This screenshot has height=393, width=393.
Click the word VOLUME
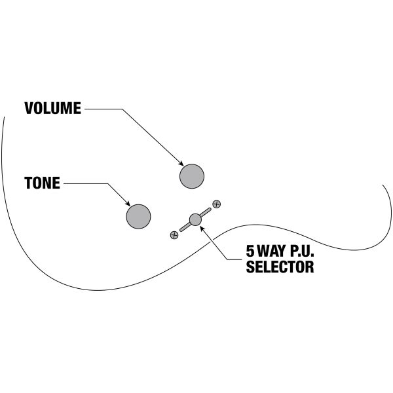click(x=52, y=109)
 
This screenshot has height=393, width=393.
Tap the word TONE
click(x=42, y=183)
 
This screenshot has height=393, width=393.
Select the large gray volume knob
click(x=192, y=176)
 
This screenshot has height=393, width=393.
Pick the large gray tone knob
click(x=139, y=216)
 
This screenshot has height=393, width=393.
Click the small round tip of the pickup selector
click(x=195, y=219)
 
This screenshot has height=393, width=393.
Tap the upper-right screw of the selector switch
click(x=216, y=204)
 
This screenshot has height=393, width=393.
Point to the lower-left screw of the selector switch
click(x=174, y=234)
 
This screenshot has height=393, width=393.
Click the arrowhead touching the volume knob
click(x=181, y=164)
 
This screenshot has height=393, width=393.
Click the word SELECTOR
click(x=280, y=267)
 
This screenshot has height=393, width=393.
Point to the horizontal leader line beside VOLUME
click(x=102, y=109)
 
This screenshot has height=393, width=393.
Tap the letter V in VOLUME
click(x=29, y=109)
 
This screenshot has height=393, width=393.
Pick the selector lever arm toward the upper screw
click(x=205, y=212)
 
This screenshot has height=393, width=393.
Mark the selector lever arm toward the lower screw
click(x=183, y=227)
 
